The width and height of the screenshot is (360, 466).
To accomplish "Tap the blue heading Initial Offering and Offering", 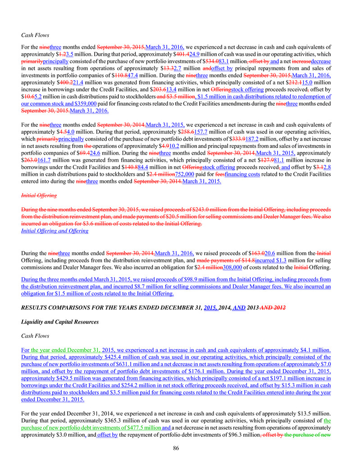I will click(x=55, y=231).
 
